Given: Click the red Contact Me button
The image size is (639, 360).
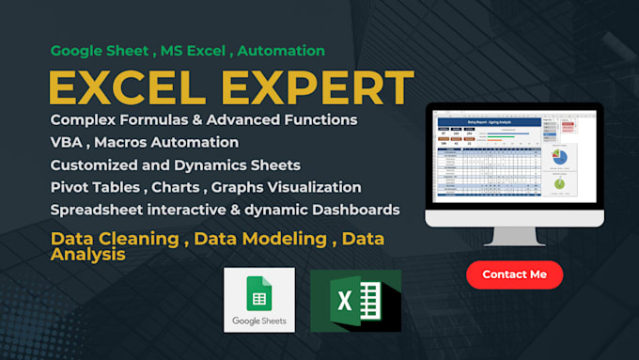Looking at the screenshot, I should click(x=514, y=274).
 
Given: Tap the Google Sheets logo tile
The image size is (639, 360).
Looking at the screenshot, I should click(x=258, y=299).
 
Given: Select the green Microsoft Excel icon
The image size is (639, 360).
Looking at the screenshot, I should click(x=355, y=301).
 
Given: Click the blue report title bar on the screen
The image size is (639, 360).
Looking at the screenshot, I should click(x=487, y=121).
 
